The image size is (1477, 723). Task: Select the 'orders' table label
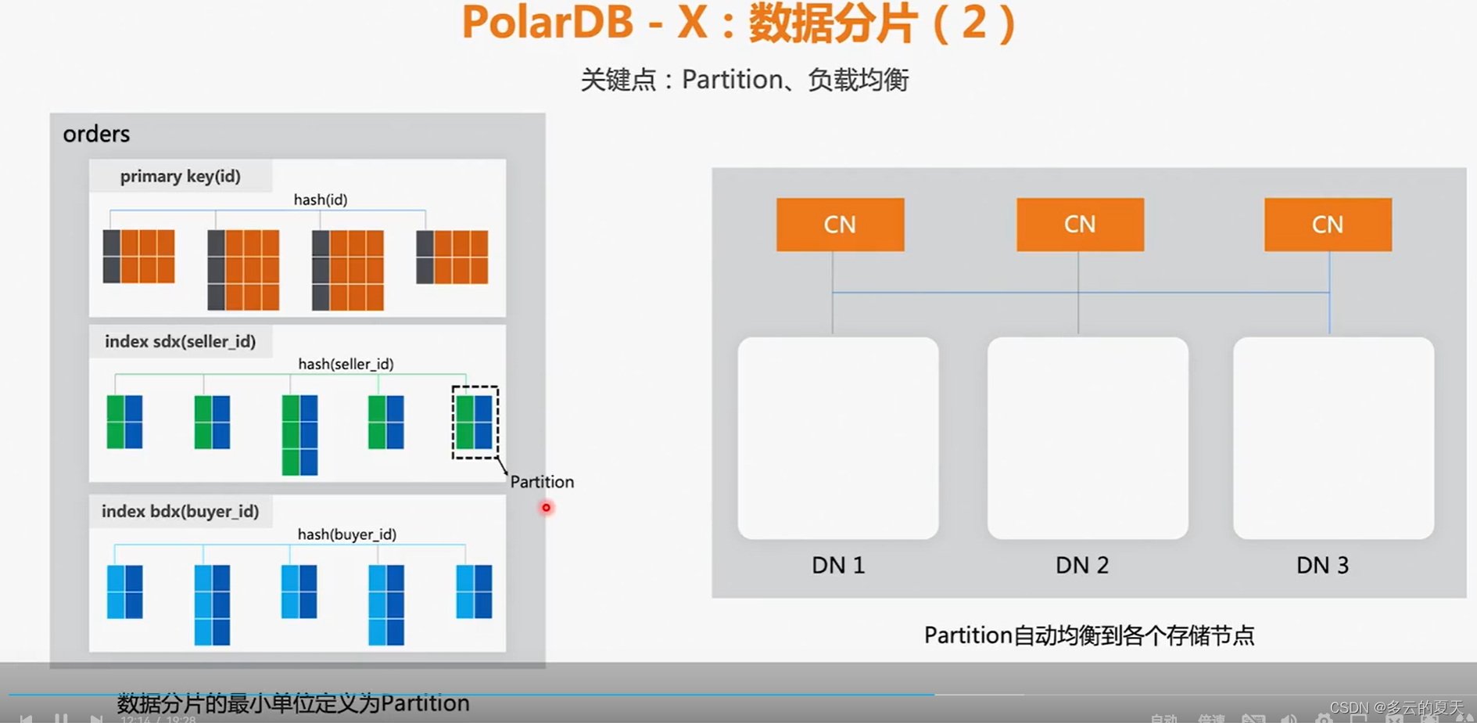pyautogui.click(x=96, y=135)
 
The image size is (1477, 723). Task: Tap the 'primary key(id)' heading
pyautogui.click(x=180, y=177)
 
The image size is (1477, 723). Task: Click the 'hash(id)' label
pyautogui.click(x=321, y=200)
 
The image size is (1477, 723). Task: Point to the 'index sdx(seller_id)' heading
pyautogui.click(x=180, y=342)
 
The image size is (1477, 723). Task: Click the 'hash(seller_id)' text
pyautogui.click(x=346, y=364)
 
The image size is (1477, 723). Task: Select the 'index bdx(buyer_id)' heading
pyautogui.click(x=180, y=512)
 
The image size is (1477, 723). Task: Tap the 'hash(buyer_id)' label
pyautogui.click(x=346, y=534)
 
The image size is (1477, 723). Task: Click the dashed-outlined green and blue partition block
pyautogui.click(x=475, y=422)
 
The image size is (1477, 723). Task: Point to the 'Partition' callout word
pyautogui.click(x=542, y=482)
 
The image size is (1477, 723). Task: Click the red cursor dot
pyautogui.click(x=546, y=508)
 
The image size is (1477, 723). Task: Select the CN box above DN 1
pyautogui.click(x=840, y=225)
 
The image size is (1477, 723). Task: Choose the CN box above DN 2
pyautogui.click(x=1080, y=225)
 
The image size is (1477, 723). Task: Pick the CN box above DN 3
pyautogui.click(x=1328, y=225)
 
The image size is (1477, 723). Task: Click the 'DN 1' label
pyautogui.click(x=838, y=565)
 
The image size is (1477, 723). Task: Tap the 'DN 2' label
pyautogui.click(x=1082, y=565)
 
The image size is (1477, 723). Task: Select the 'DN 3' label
pyautogui.click(x=1322, y=565)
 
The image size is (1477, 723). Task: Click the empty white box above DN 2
pyautogui.click(x=1088, y=438)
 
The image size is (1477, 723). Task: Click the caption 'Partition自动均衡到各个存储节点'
pyautogui.click(x=1088, y=635)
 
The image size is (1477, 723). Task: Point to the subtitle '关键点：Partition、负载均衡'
pyautogui.click(x=744, y=80)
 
